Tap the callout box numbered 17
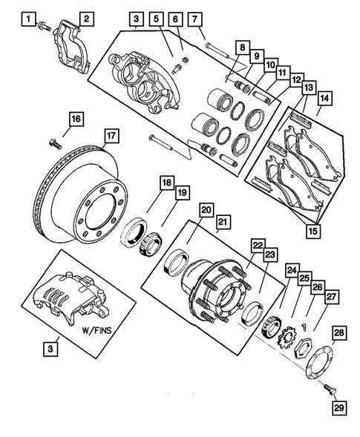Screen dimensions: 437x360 click(x=110, y=136)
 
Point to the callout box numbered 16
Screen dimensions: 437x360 click(x=76, y=117)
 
